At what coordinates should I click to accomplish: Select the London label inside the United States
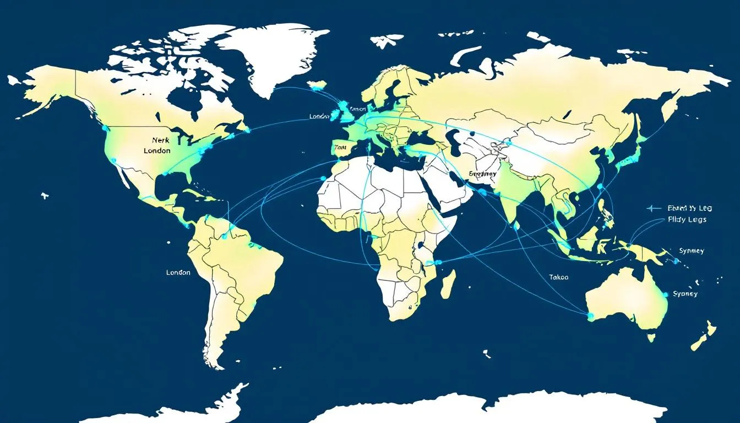157,150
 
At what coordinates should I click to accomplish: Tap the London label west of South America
178,273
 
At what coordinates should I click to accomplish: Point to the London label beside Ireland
319,116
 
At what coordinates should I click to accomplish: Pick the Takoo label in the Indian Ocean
559,278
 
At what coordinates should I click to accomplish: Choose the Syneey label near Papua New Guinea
692,251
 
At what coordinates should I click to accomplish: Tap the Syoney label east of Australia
685,294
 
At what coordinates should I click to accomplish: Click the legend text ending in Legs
687,220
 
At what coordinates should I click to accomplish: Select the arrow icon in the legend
654,209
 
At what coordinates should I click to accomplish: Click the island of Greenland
270,55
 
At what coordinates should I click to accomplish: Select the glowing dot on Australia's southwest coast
591,316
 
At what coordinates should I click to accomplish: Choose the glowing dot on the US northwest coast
104,127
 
